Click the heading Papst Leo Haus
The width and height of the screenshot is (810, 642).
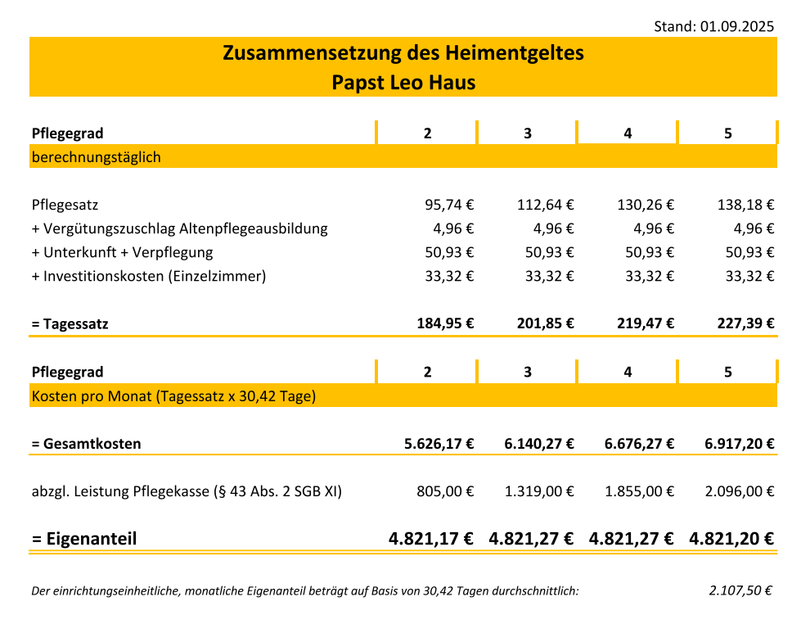click(403, 83)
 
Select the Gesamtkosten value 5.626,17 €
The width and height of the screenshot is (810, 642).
click(439, 444)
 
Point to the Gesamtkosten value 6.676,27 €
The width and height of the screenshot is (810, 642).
click(639, 444)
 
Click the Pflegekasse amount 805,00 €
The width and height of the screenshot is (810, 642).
click(445, 491)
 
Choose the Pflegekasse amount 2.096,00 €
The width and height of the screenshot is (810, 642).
click(740, 491)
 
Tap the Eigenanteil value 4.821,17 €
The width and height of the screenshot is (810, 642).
click(431, 539)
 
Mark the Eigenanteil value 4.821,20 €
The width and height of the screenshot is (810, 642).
click(731, 539)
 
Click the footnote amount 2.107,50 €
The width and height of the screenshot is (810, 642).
click(741, 590)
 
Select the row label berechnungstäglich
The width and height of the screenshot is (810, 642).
click(97, 157)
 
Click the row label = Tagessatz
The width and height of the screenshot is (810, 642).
click(70, 324)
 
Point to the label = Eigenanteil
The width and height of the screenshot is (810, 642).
click(84, 539)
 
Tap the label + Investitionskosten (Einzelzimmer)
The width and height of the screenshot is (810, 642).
click(149, 276)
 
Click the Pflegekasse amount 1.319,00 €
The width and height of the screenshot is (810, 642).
click(539, 491)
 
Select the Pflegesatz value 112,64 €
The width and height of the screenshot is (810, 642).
click(546, 205)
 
